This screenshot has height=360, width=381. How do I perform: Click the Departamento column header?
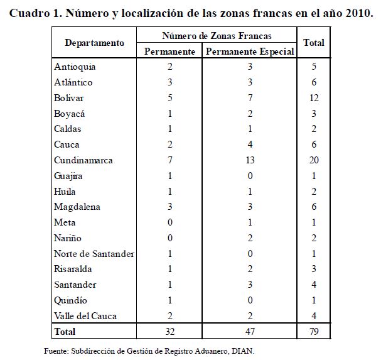94,43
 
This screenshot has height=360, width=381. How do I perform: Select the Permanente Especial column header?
250,52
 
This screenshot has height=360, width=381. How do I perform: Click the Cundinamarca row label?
83,160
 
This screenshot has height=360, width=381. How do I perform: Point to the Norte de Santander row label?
94,253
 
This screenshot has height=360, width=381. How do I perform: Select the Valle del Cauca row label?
85,315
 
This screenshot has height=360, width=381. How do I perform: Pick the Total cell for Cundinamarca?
314,160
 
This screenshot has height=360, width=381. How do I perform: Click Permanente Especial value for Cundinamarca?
250,160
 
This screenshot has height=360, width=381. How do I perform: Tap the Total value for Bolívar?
314,98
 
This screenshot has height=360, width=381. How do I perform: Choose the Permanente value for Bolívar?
170,98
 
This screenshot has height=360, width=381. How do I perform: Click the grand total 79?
314,331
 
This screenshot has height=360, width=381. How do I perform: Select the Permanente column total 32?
170,331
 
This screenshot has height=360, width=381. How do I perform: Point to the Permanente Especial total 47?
250,331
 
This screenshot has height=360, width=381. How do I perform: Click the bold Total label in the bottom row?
65,331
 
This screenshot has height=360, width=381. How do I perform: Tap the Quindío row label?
71,300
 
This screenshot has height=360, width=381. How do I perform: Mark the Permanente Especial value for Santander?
250,284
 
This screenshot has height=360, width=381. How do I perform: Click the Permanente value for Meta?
170,222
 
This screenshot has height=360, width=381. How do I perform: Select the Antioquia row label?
75,67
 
